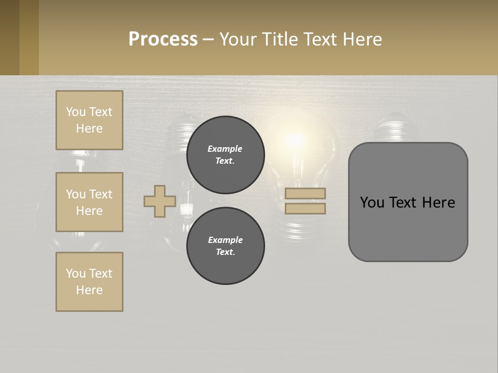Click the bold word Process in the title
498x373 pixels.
point(163,39)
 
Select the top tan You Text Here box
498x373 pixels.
point(89,120)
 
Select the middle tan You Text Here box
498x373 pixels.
point(89,202)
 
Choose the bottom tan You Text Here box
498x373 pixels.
point(89,281)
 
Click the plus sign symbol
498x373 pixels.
point(160,201)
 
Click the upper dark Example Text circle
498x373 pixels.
point(226,154)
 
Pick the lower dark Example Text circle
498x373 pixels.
point(226,246)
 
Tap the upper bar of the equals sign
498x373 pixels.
point(305,193)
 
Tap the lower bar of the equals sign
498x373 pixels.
point(305,208)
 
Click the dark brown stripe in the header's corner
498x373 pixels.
point(9,37)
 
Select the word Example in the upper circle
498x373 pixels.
point(225,149)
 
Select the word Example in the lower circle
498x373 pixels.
point(225,240)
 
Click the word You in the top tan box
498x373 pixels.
point(76,112)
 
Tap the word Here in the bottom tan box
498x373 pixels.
point(89,290)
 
